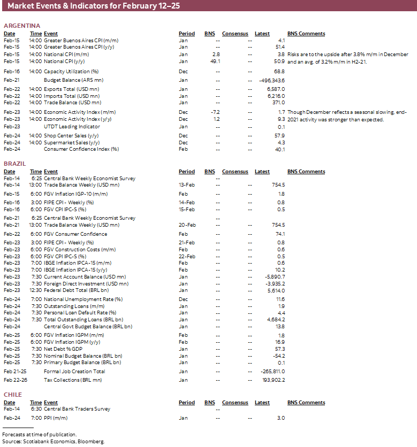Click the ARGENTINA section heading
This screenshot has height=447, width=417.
[22, 26]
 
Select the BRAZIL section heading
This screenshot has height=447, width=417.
[15, 164]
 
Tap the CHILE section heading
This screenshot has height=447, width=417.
[13, 395]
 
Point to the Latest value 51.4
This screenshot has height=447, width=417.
[280, 47]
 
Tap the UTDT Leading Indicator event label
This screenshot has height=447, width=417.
[72, 126]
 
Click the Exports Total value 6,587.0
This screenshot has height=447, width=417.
[276, 89]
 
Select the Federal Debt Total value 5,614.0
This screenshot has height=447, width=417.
[276, 290]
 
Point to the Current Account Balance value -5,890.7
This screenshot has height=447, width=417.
[274, 276]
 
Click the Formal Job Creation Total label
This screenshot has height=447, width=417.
[74, 371]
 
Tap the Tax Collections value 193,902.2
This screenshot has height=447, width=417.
[272, 380]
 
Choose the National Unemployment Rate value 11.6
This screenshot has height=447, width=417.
[280, 299]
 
